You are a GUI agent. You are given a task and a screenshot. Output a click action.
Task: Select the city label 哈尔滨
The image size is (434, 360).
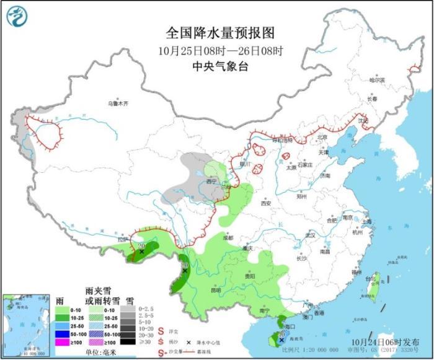[377, 80]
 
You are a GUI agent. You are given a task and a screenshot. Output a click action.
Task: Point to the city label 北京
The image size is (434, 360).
[321, 138]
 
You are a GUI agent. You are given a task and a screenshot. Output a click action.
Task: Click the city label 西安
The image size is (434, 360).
[266, 203]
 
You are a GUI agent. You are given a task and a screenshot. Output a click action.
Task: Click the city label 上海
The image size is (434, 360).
[366, 221]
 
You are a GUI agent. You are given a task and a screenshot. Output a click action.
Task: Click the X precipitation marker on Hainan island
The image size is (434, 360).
[281, 340]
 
